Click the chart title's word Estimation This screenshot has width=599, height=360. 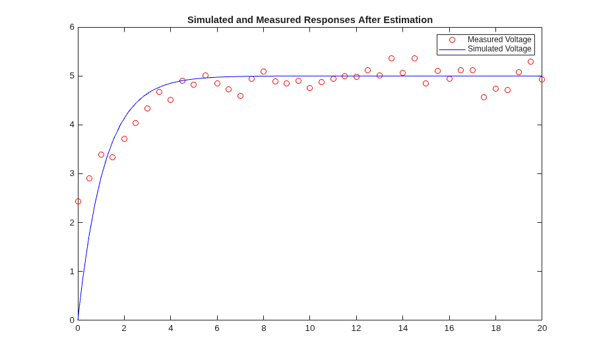pyautogui.click(x=408, y=20)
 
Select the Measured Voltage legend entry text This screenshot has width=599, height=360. pyautogui.click(x=499, y=40)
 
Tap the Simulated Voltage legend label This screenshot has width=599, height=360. pyautogui.click(x=499, y=49)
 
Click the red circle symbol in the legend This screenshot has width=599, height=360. pyautogui.click(x=452, y=40)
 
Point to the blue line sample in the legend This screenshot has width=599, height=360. pyautogui.click(x=452, y=49)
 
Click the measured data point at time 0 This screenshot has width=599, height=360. pyautogui.click(x=78, y=201)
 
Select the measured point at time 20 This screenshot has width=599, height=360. pyautogui.click(x=542, y=79)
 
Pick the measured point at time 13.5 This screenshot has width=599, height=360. pyautogui.click(x=391, y=59)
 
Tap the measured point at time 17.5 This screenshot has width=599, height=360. pyautogui.click(x=484, y=98)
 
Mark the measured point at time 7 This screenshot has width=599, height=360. pyautogui.click(x=240, y=96)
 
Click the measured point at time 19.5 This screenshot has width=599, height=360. pyautogui.click(x=530, y=61)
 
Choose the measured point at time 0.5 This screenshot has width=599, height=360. pyautogui.click(x=90, y=178)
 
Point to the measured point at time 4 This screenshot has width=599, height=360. pyautogui.click(x=170, y=100)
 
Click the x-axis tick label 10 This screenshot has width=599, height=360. pyautogui.click(x=310, y=328)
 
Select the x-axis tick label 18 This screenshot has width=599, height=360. pyautogui.click(x=495, y=328)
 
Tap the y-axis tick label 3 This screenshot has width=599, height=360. pyautogui.click(x=72, y=173)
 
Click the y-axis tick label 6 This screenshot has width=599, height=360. pyautogui.click(x=72, y=27)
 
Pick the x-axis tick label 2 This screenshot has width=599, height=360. pyautogui.click(x=124, y=328)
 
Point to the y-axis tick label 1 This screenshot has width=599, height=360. pyautogui.click(x=72, y=272)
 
